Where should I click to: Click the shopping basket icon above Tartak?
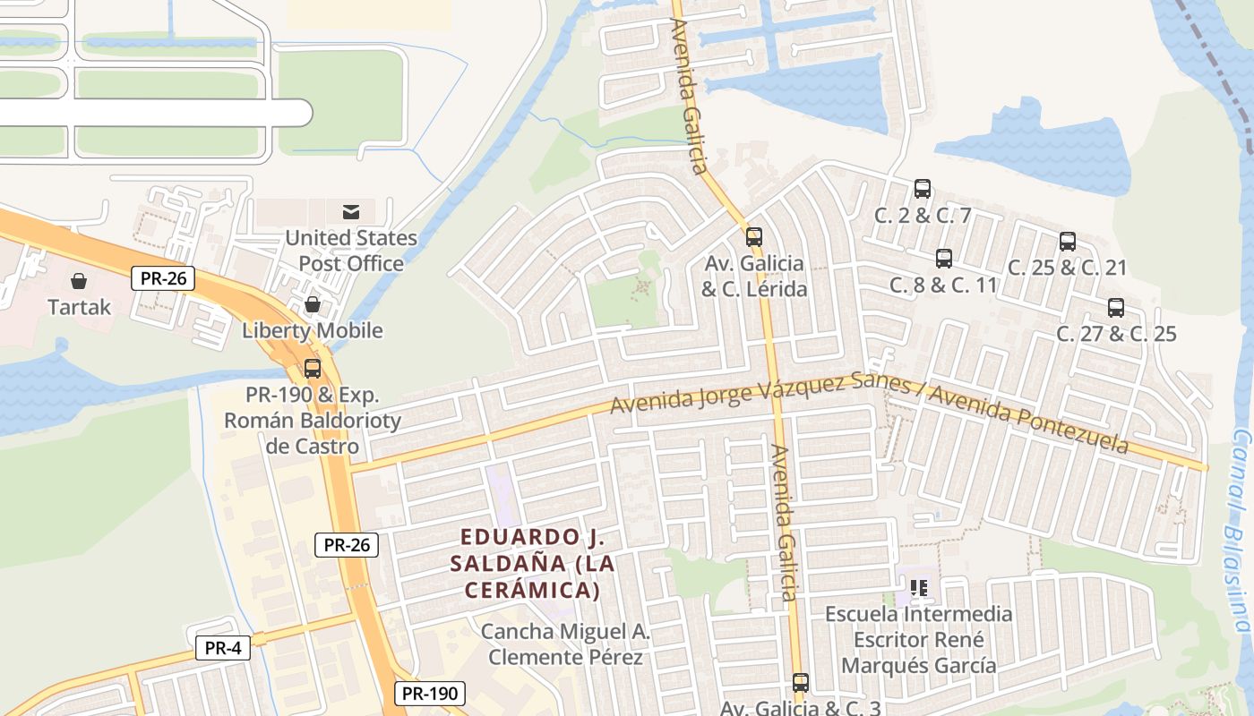[x=79, y=281]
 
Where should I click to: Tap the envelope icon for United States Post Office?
[x=350, y=212]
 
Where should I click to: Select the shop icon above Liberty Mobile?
[x=313, y=305]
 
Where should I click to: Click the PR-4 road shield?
[x=223, y=648]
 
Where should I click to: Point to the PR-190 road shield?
[x=430, y=693]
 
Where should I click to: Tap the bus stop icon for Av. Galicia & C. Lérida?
[x=754, y=237]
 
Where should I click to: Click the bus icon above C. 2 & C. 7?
[x=923, y=189]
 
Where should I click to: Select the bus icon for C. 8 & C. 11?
[x=944, y=259]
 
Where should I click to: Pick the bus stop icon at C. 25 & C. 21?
[x=1068, y=242]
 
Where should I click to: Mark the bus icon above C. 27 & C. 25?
[x=1116, y=308]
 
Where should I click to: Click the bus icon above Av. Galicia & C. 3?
[x=801, y=683]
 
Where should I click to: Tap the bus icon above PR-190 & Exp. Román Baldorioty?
[x=313, y=369]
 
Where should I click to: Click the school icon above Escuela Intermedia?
[x=918, y=588]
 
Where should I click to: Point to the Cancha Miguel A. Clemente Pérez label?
[x=565, y=644]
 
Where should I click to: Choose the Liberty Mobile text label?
[x=313, y=330]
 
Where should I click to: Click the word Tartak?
[x=80, y=307]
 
